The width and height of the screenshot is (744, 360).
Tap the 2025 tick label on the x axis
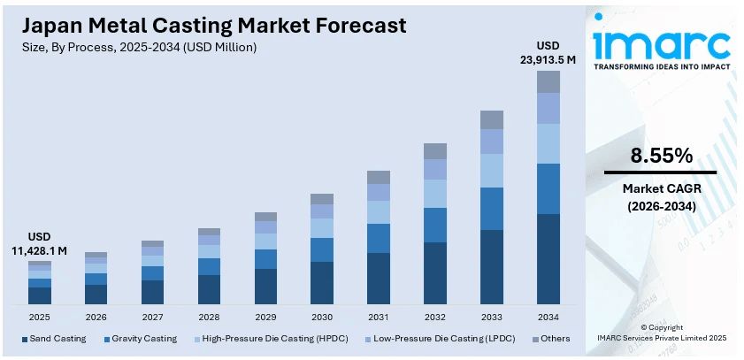click(40, 316)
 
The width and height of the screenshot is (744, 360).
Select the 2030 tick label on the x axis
click(322, 316)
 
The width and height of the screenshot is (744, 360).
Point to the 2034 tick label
click(548, 316)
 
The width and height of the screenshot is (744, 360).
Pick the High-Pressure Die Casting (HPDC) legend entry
click(271, 339)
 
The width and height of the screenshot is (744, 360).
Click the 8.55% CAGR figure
click(661, 157)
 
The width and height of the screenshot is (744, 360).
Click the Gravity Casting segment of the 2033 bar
click(492, 209)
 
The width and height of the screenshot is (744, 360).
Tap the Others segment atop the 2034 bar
click(548, 81)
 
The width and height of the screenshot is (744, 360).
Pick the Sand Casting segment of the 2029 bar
click(265, 287)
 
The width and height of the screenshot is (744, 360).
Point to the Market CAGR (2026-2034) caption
click(661, 197)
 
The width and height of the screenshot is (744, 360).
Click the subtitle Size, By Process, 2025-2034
click(139, 47)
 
